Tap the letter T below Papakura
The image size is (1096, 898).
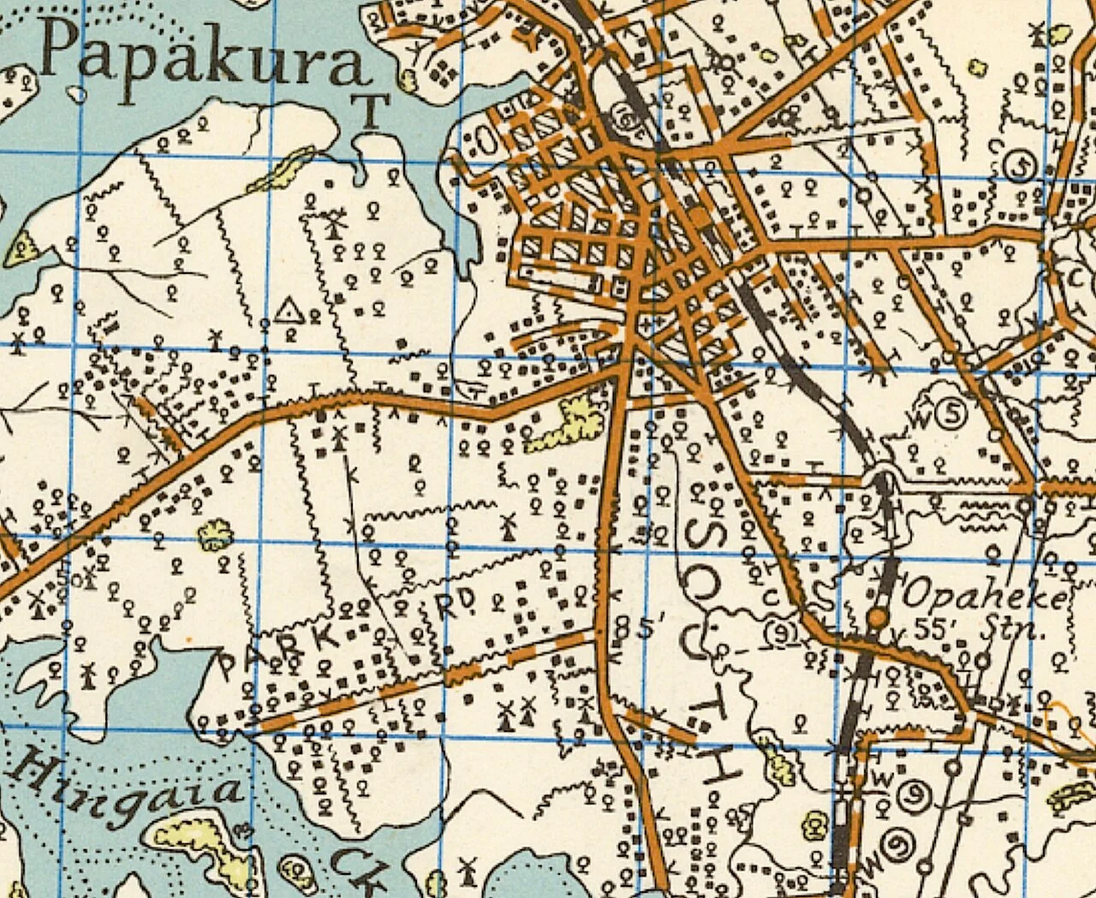click(372, 111)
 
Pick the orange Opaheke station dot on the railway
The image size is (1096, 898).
click(876, 617)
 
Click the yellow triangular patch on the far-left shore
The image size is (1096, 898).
click(19, 248)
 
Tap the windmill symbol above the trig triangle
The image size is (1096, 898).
click(334, 224)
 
